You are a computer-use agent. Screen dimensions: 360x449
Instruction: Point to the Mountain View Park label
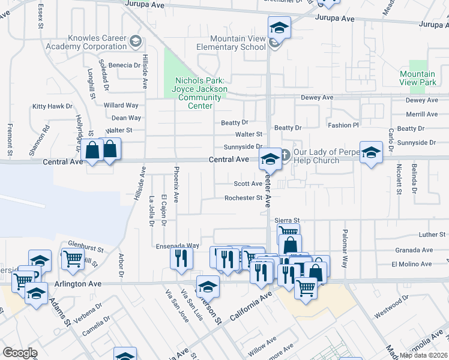click(x=418, y=78)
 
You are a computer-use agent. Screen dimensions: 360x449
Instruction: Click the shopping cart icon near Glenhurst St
click(x=73, y=259)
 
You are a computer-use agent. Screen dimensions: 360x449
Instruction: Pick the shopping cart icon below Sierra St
click(x=288, y=231)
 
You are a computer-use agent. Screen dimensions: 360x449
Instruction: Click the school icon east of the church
click(x=371, y=152)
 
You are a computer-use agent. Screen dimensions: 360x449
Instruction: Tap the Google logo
click(x=20, y=353)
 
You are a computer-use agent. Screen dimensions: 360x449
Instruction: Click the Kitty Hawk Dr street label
click(x=52, y=106)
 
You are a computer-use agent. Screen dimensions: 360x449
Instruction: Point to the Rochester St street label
click(x=243, y=198)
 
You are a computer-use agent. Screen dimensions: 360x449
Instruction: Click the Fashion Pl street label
click(x=343, y=125)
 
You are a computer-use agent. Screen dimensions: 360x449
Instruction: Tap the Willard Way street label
click(x=121, y=106)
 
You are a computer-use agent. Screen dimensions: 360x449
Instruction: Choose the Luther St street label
click(x=432, y=235)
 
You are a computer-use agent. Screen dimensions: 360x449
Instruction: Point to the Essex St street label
click(x=41, y=18)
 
